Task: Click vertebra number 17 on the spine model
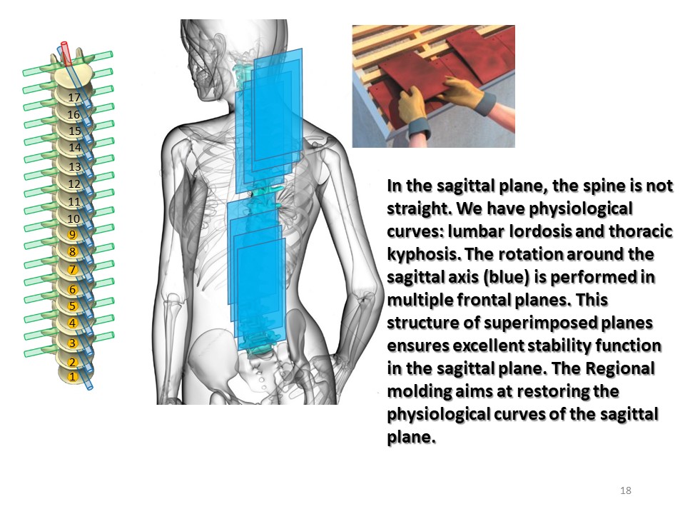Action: pos(73,97)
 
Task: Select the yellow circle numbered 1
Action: pos(73,377)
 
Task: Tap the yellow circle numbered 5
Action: pos(73,306)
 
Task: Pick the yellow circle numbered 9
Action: pos(73,235)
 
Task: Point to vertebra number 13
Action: pos(75,166)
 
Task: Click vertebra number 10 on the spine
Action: pos(73,218)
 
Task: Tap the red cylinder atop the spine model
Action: pos(66,54)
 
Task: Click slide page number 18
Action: pos(626,490)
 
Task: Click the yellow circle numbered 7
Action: pos(73,270)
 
